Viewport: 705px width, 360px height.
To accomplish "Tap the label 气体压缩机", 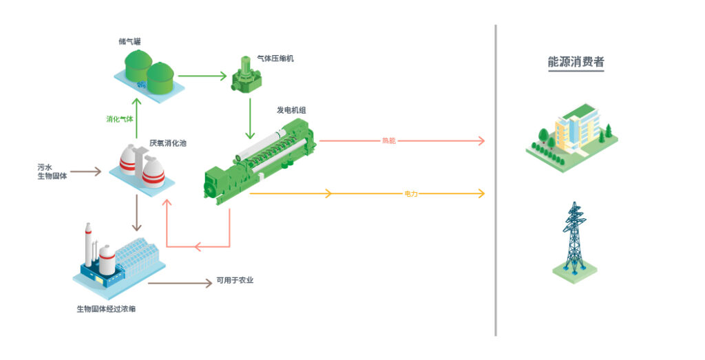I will (275, 59).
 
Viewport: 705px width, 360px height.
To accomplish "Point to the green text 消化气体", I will (120, 119).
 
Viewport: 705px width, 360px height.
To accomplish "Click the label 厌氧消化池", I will (168, 143).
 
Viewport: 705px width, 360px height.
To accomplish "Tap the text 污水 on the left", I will (45, 167).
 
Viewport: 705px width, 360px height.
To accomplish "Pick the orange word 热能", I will (389, 141).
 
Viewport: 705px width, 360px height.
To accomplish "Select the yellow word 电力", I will (411, 194).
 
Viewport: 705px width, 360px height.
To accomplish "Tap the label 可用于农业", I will (235, 280).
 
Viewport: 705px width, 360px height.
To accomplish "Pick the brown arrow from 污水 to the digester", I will (85, 171).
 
